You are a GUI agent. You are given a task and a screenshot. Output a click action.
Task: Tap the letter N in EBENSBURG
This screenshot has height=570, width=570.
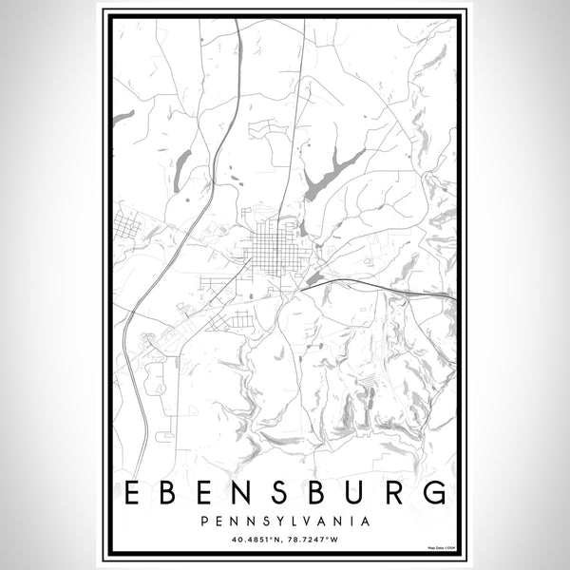(245, 493)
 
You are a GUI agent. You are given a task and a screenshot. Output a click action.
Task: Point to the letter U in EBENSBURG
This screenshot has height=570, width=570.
(357, 493)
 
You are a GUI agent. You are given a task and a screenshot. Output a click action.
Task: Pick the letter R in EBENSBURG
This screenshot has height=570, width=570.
(394, 493)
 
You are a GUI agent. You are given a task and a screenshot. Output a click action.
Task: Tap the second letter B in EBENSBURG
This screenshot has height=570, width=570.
(319, 493)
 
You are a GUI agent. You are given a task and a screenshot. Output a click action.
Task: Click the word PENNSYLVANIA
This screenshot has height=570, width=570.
(285, 521)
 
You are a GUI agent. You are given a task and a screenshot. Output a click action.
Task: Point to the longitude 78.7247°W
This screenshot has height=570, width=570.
(314, 541)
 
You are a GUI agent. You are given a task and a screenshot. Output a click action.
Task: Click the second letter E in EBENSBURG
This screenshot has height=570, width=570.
(208, 493)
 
